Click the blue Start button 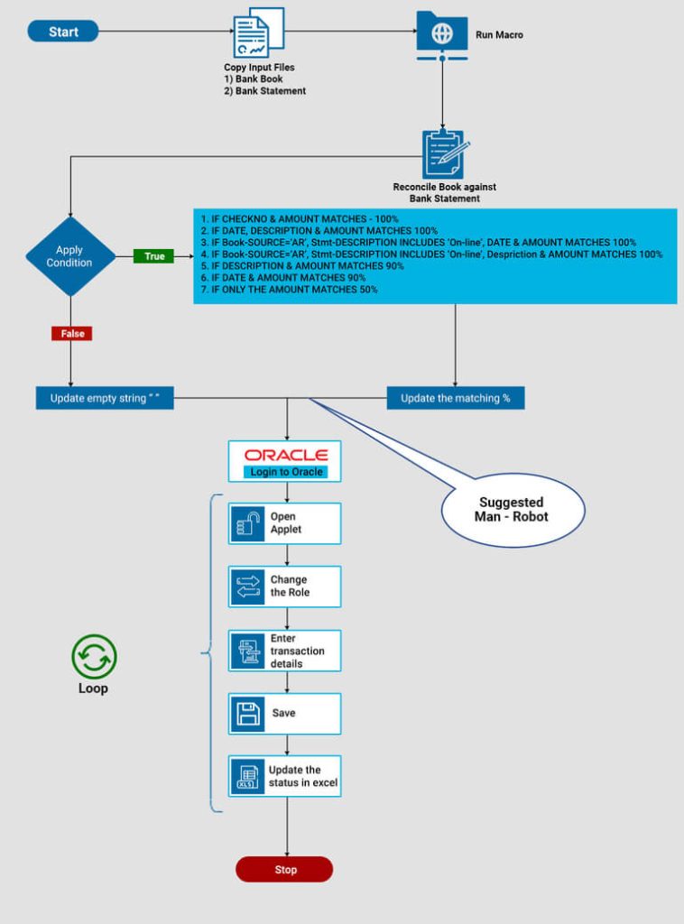tap(63, 32)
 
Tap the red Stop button tap(284, 870)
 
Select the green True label tap(154, 256)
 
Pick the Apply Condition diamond tap(69, 256)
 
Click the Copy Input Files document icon tap(258, 33)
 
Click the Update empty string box tap(105, 398)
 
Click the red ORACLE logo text tap(286, 455)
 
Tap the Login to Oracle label tap(286, 472)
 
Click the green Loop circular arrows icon tap(94, 656)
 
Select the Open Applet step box tap(285, 523)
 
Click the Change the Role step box tap(285, 587)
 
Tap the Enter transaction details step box tap(285, 651)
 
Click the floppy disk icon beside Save tap(246, 714)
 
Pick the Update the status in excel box tap(285, 776)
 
